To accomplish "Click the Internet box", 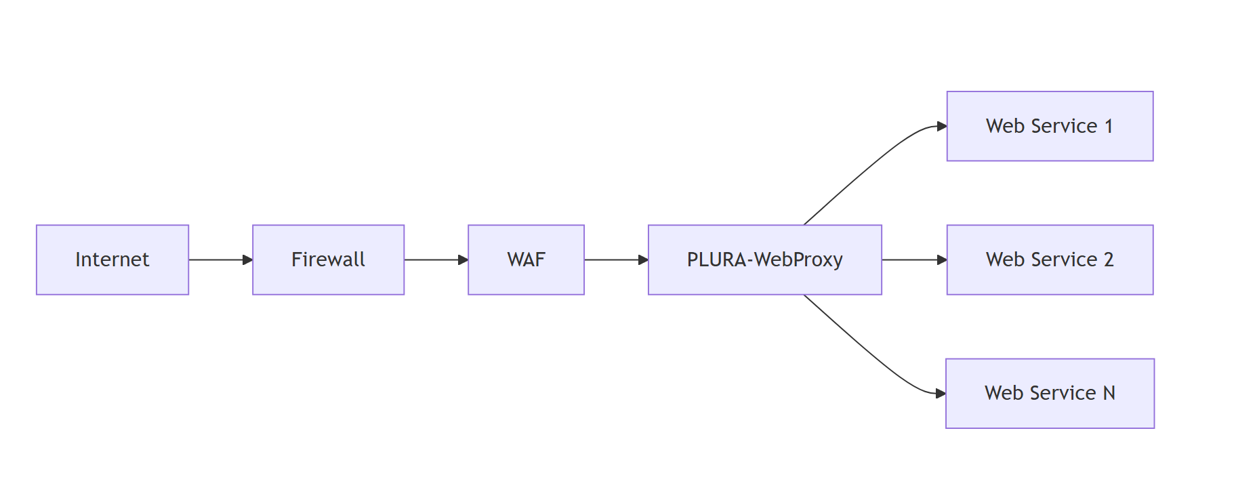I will tap(112, 260).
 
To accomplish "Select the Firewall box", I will tap(328, 260).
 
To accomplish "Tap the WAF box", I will tap(526, 260).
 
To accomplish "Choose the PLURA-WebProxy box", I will tap(764, 260).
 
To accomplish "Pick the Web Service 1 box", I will tap(1050, 126).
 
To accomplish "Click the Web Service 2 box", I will tap(1050, 260).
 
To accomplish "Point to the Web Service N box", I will tap(1050, 393).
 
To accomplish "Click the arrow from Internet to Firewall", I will tap(218, 260).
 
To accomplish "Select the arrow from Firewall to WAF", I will tap(434, 260).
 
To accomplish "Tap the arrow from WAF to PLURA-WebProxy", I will tap(614, 260).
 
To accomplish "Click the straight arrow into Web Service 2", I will tap(911, 260).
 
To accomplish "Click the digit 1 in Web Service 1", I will tap(1109, 126).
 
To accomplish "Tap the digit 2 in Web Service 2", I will tap(1109, 260).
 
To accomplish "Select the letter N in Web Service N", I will tap(1109, 393).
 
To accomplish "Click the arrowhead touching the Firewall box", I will tap(247, 260).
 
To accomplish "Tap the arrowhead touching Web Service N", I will tap(941, 393).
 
